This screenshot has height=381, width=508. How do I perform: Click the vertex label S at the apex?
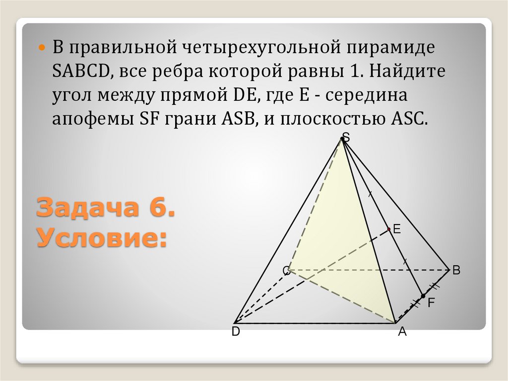pos(346,138)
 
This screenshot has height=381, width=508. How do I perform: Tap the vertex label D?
pos(236,333)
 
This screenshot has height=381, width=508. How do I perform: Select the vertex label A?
pos(402,333)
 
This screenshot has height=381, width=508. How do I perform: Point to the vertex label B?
pos(456,271)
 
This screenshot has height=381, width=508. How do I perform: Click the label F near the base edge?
pos(431,302)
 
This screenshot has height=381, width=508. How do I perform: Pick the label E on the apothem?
pos(396,229)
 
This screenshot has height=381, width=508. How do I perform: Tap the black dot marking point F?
pos(423,296)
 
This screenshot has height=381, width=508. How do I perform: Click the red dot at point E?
pos(388,229)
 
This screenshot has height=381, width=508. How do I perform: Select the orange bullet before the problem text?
pos(42,49)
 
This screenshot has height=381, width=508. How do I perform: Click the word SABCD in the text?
pos(80,72)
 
